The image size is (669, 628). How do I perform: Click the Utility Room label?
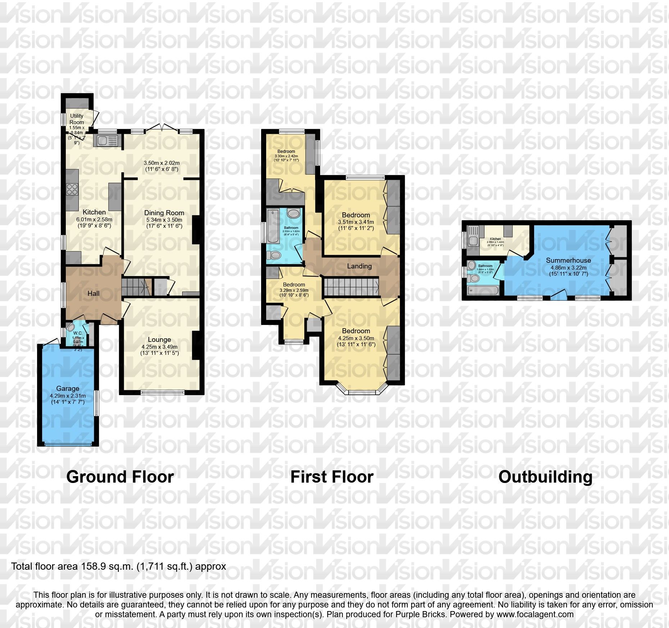(77, 119)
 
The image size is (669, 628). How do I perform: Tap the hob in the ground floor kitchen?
(72, 189)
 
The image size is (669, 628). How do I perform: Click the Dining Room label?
(164, 213)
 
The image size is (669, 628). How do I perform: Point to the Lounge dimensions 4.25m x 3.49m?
(159, 347)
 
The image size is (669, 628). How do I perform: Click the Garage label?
(68, 388)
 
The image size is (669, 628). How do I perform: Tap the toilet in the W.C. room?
(70, 327)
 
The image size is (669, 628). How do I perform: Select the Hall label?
(94, 293)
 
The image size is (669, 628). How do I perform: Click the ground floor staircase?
(136, 287)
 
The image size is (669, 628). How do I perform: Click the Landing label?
(359, 266)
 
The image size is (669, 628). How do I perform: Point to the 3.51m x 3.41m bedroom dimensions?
(356, 222)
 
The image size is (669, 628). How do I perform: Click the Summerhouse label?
(568, 260)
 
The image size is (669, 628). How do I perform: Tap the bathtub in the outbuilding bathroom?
(483, 290)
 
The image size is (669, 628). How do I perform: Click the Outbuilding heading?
(545, 477)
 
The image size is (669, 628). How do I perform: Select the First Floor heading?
(332, 477)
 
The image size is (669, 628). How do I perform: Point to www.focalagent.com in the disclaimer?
(535, 614)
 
